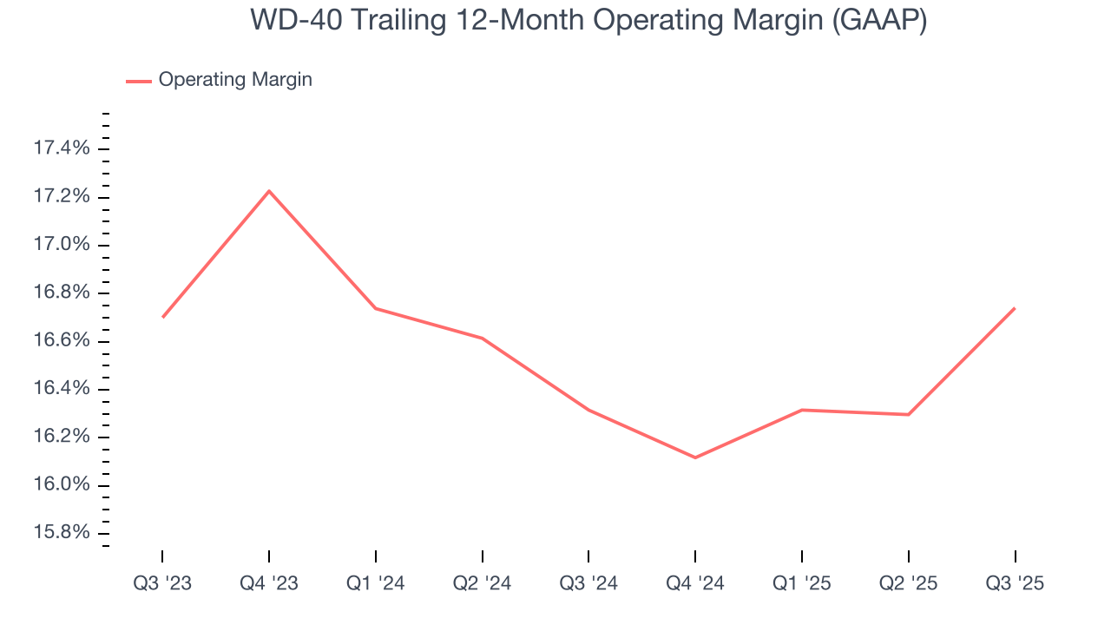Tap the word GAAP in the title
[878, 20]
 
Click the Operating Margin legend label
[235, 80]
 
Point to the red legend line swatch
[139, 81]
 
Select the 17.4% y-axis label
[61, 149]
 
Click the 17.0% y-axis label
[61, 245]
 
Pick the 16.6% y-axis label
[61, 340]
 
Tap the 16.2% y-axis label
[61, 436]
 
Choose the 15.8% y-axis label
[61, 531]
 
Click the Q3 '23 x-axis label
[162, 583]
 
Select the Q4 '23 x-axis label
[269, 583]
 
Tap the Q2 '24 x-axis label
[482, 583]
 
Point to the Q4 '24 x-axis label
[695, 583]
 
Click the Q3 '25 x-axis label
[1015, 583]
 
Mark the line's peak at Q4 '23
[269, 191]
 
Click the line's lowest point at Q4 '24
[695, 457]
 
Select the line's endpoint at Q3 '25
[1015, 308]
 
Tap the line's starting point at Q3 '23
[162, 318]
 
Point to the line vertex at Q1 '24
[376, 308]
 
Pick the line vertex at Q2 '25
[908, 414]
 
